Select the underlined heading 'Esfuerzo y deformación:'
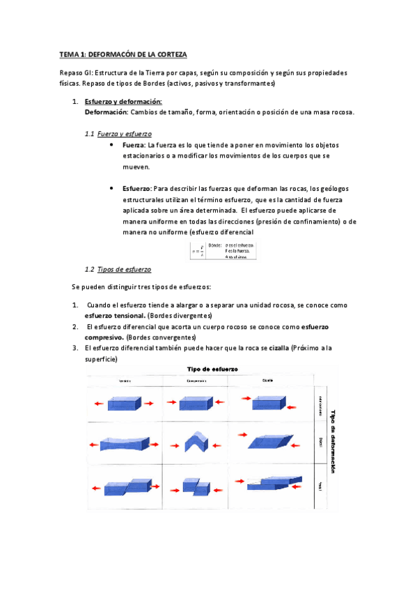click(x=123, y=102)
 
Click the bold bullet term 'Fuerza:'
click(x=134, y=145)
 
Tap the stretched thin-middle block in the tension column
click(x=124, y=443)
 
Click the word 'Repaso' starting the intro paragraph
click(x=72, y=73)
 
